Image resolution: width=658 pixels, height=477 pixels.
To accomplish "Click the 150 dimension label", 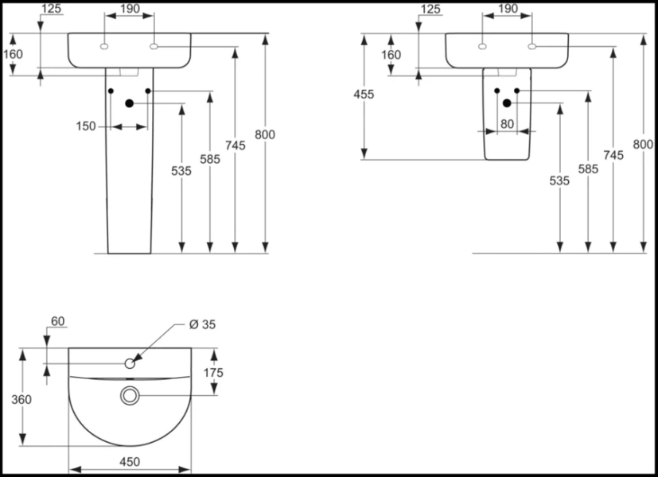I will click(86, 126).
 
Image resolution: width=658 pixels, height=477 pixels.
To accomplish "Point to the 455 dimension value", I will click(364, 94).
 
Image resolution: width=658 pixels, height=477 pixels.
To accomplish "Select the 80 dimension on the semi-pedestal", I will click(507, 124).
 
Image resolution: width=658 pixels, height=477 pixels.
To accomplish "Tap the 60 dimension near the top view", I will click(57, 321).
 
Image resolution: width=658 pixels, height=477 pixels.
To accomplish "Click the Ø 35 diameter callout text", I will click(202, 324).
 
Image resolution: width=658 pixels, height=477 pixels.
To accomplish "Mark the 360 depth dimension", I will click(22, 399).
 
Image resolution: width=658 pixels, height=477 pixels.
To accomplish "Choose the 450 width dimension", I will click(130, 461).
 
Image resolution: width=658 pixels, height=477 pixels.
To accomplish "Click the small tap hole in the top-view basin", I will click(130, 363).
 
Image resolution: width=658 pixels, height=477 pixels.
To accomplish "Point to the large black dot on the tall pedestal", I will click(129, 103).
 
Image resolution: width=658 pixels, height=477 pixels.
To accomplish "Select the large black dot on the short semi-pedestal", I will click(507, 103).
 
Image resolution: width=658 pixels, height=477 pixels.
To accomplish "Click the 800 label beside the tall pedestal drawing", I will click(265, 134).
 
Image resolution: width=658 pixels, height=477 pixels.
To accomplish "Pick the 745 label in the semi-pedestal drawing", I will click(613, 156).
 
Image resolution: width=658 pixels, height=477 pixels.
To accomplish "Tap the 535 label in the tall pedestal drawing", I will click(181, 171).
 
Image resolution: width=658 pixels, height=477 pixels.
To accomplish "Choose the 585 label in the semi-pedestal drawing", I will click(587, 169).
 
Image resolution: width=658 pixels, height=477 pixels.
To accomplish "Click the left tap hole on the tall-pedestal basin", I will click(103, 47).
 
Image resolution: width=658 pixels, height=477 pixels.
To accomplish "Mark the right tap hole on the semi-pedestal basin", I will click(532, 47).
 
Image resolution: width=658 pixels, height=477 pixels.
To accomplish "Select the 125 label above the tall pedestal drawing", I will click(52, 9).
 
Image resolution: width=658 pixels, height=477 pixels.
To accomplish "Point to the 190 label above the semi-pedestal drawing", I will click(507, 9).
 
